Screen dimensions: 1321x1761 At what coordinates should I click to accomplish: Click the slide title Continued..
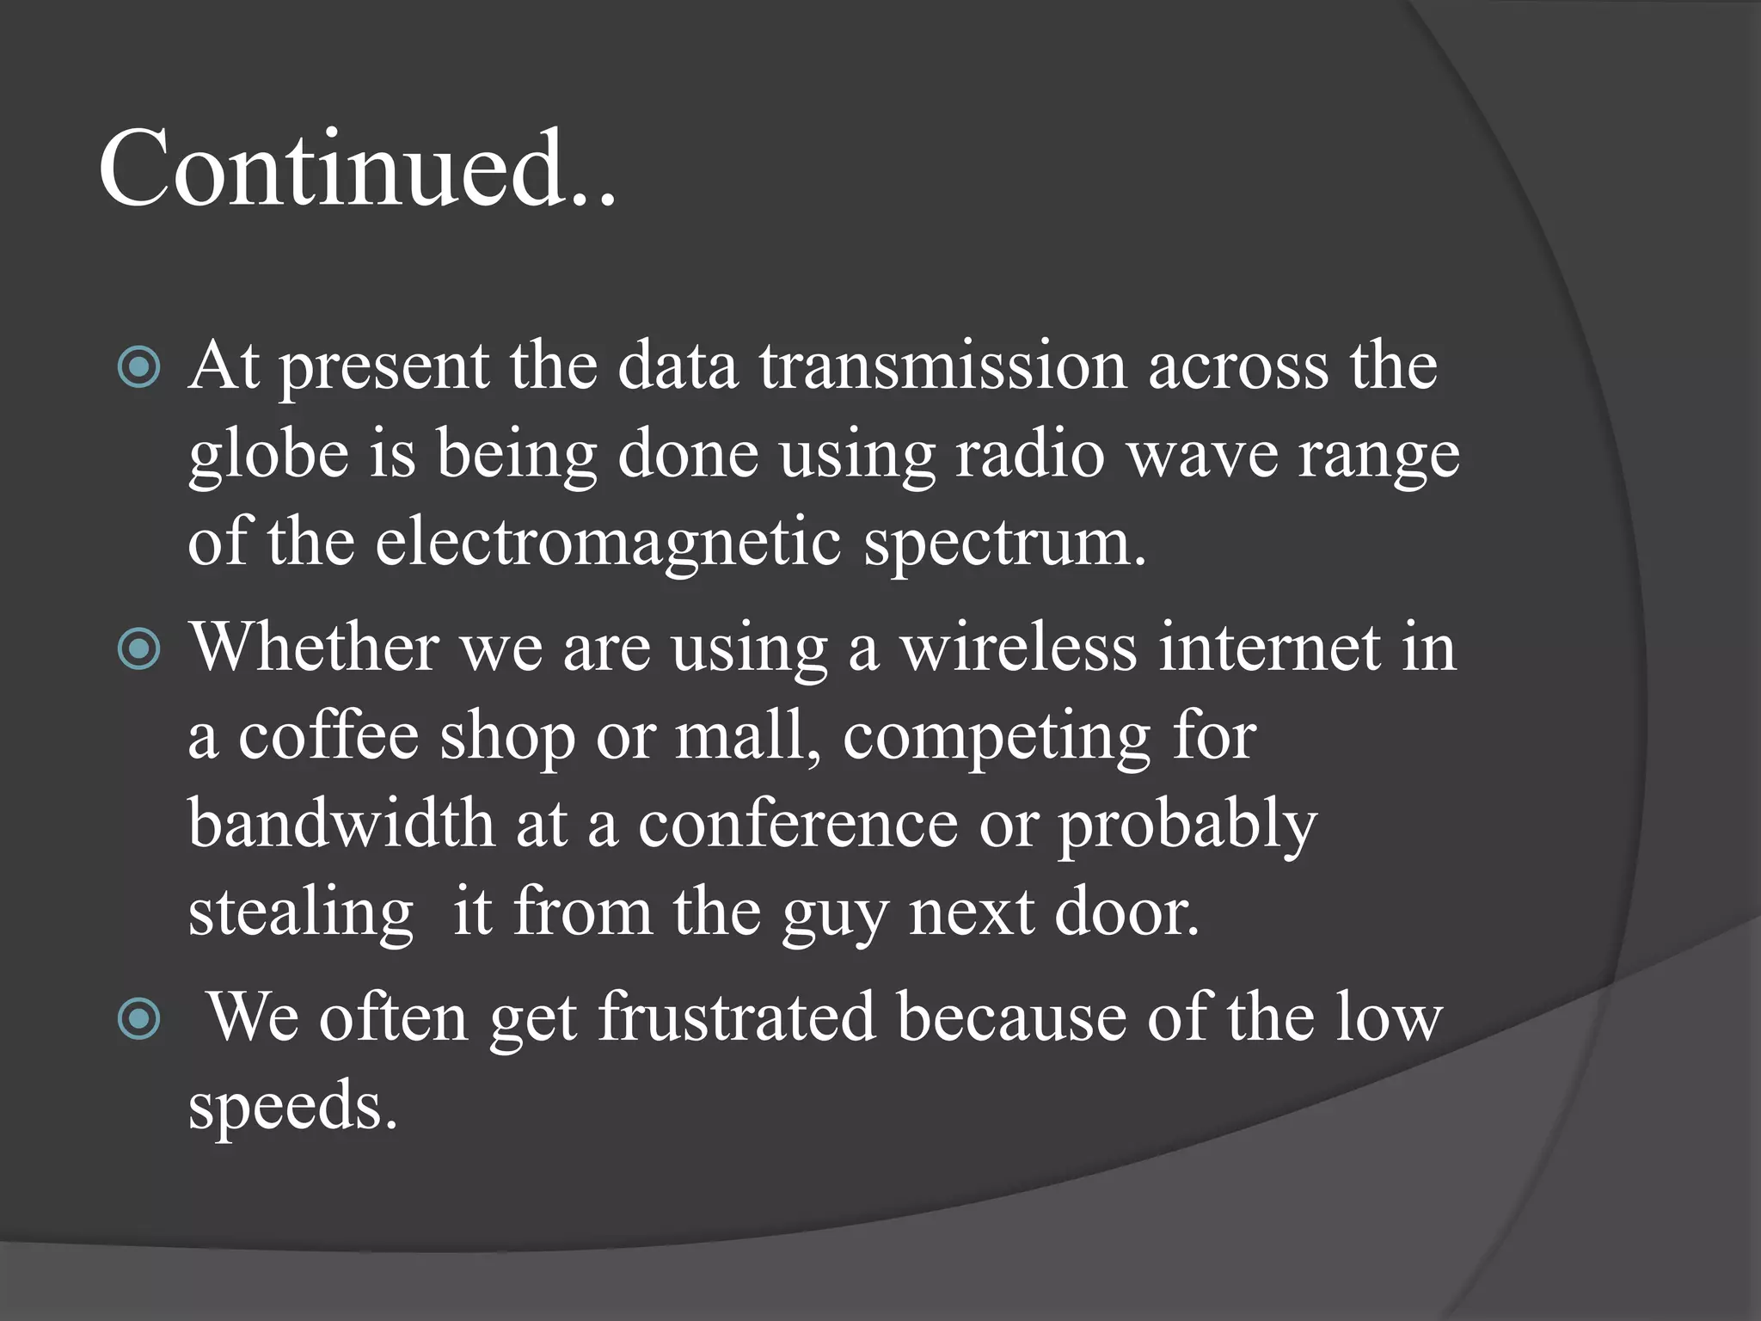(357, 169)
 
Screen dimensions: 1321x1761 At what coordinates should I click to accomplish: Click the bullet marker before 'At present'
(138, 368)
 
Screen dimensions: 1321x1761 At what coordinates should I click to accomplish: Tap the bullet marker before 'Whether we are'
(138, 649)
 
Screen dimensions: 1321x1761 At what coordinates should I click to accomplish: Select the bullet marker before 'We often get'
(138, 1020)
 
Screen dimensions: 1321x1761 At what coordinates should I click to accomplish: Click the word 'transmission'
(942, 366)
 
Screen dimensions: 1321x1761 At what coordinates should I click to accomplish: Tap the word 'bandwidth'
(341, 823)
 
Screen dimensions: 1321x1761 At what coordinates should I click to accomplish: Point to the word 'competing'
(997, 738)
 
